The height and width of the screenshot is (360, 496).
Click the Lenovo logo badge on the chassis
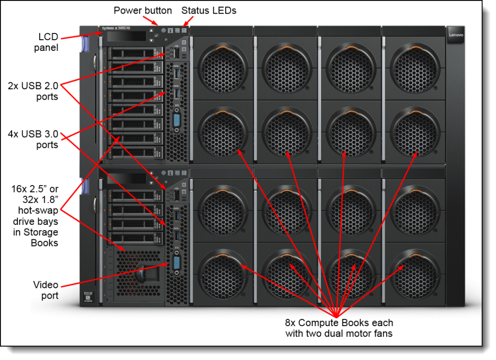click(x=456, y=35)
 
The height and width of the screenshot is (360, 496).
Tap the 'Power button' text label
click(x=142, y=10)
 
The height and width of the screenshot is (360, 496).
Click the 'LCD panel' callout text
click(x=48, y=42)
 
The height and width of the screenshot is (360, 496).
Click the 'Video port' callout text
click(x=46, y=290)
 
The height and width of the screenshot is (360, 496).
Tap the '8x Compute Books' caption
click(x=339, y=328)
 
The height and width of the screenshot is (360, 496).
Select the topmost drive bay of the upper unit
click(x=135, y=52)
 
